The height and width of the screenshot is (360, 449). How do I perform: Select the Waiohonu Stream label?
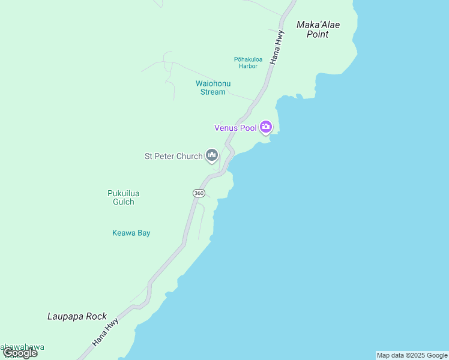213,88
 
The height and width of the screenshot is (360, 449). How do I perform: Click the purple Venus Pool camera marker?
266,127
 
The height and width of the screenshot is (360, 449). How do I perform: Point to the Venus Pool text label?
236,128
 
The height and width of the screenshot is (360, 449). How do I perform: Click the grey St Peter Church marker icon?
211,156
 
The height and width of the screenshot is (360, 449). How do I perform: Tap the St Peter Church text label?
173,157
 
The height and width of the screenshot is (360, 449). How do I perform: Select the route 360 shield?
199,193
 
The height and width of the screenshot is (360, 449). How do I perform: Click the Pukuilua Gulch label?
123,197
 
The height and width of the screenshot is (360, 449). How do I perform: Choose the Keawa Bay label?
131,233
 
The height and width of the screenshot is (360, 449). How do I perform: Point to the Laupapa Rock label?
77,316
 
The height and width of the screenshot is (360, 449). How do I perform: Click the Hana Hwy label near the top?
277,47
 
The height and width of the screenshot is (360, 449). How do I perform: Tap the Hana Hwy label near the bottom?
106,331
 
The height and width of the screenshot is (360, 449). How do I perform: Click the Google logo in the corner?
20,353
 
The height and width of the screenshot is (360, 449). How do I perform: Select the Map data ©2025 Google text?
412,355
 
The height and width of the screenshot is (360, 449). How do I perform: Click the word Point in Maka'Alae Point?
318,35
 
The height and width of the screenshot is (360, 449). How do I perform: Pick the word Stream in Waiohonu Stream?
213,92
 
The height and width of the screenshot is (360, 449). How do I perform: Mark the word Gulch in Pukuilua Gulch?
123,202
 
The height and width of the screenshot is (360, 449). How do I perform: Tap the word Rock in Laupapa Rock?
96,316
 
